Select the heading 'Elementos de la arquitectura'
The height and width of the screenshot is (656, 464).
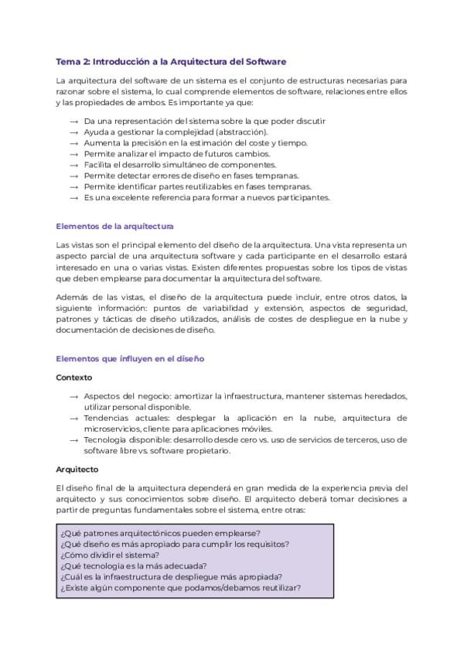pos(115,227)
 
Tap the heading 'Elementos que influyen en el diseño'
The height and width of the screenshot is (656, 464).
pos(130,359)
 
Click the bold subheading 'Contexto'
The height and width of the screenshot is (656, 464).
pos(74,378)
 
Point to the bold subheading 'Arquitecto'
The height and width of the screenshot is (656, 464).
pos(77,469)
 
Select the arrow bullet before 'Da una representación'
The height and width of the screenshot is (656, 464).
pos(73,121)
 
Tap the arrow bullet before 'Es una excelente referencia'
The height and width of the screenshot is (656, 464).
pos(73,197)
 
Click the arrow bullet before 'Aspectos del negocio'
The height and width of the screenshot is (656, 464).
pos(73,397)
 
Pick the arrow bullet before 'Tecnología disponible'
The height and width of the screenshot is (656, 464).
pos(73,440)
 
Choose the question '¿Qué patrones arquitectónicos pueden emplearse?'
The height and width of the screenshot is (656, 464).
pos(159,533)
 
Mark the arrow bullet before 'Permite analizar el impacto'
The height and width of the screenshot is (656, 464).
pos(73,154)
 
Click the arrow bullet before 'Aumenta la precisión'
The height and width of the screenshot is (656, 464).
pos(73,143)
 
